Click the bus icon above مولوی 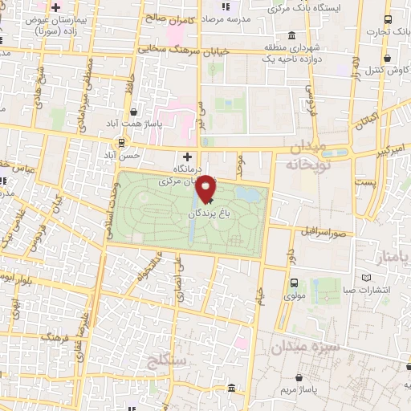coord(295,283)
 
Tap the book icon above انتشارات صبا coord(367,278)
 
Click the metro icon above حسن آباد coord(121,143)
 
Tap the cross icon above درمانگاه coord(188,157)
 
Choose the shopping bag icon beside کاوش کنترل coord(389,59)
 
